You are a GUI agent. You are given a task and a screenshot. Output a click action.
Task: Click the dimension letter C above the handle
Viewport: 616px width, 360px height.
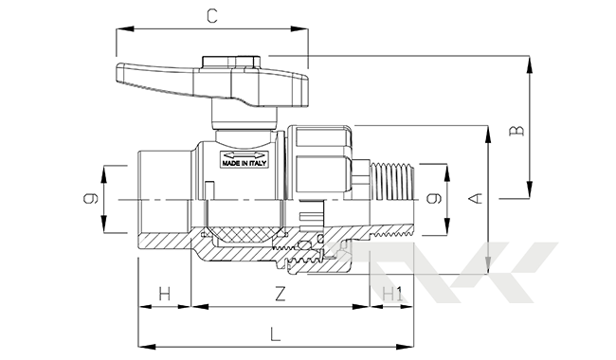[212, 16]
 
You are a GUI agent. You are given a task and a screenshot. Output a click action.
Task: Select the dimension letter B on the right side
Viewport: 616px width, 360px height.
[517, 131]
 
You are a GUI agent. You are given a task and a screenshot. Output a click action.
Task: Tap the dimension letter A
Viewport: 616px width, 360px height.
[476, 198]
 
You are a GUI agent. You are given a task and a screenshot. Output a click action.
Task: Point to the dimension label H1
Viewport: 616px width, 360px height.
[392, 294]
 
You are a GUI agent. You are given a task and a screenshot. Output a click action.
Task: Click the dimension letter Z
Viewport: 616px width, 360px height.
[280, 294]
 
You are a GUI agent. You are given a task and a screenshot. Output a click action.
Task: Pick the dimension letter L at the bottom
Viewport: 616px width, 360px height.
[276, 334]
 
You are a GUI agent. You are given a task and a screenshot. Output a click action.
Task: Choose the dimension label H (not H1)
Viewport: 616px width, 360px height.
[165, 294]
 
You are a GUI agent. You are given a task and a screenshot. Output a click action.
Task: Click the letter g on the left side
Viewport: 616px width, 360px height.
[91, 199]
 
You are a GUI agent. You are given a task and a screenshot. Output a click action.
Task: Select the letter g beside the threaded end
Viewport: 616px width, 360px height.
[434, 199]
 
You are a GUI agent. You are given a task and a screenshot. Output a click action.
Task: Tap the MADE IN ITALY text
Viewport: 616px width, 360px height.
[244, 163]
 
